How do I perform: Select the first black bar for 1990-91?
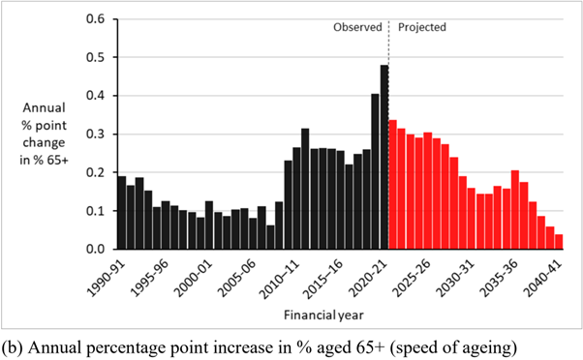tap(122, 213)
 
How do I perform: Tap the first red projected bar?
tap(393, 185)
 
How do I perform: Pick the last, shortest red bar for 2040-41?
tap(559, 242)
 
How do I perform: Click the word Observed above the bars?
tap(356, 28)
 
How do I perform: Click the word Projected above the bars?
tap(422, 28)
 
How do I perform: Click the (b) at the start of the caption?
tap(13, 345)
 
